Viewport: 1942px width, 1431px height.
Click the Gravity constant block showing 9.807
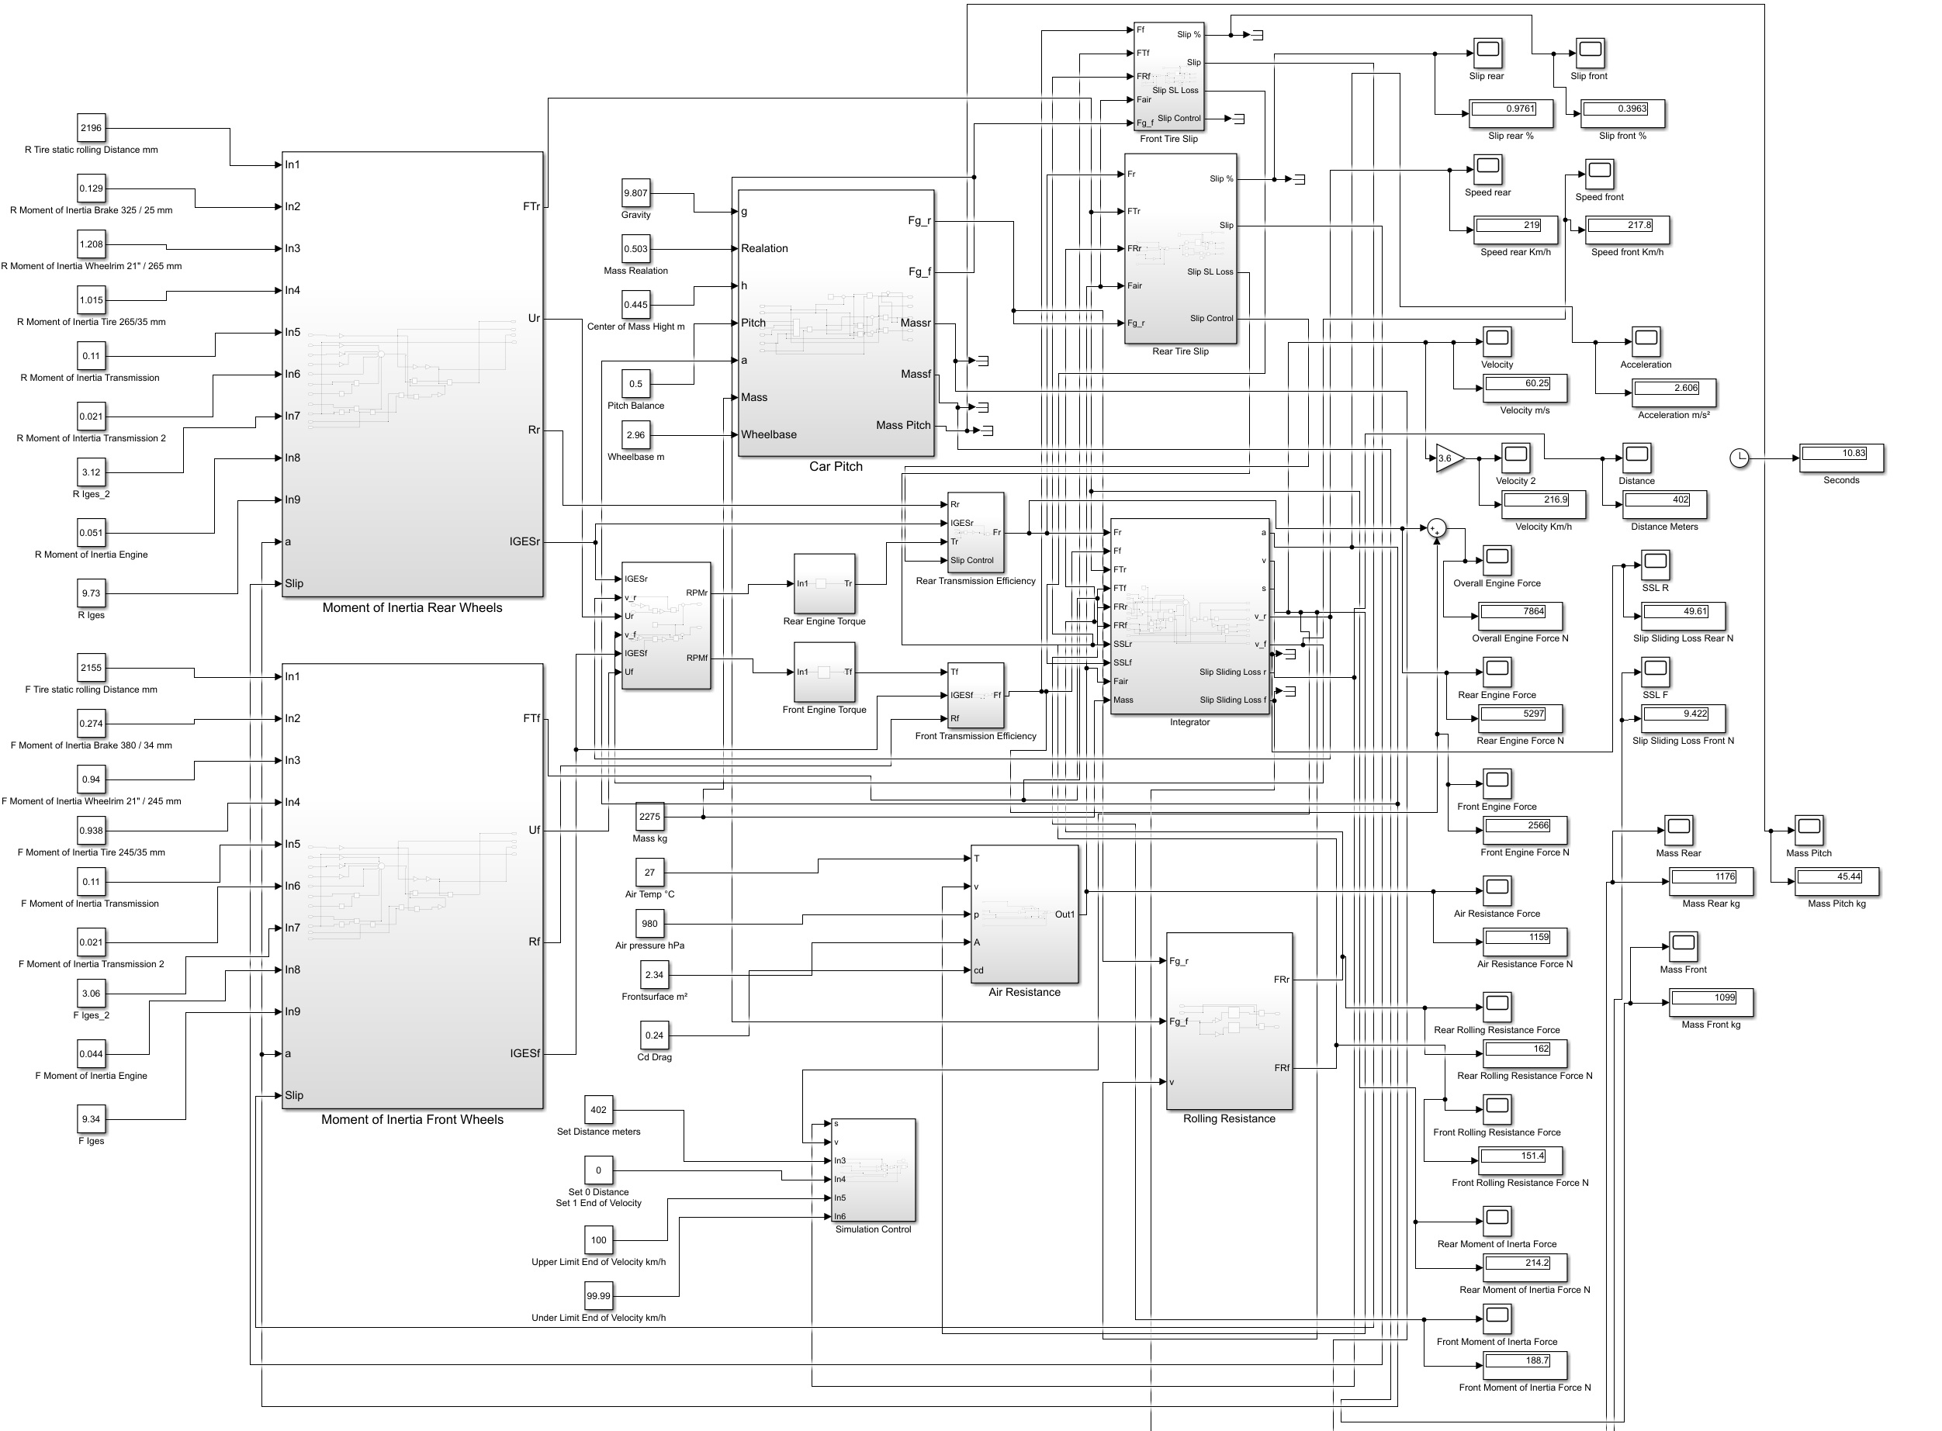(x=635, y=193)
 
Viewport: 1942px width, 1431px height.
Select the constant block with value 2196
(x=91, y=128)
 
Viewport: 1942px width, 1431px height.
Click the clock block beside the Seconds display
(x=1739, y=458)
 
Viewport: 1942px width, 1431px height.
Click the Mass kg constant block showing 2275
(x=649, y=817)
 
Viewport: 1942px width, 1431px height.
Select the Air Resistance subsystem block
(x=1024, y=914)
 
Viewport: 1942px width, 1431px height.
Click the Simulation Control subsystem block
(x=874, y=1170)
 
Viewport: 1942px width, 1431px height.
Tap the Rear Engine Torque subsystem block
(x=824, y=584)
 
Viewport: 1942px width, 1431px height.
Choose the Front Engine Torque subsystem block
(x=824, y=672)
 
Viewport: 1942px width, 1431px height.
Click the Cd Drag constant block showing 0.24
(x=654, y=1035)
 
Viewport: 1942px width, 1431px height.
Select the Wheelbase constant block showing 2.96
(x=635, y=435)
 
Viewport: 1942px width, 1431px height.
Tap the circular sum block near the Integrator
(x=1437, y=528)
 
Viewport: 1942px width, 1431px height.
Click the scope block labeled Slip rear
(x=1487, y=53)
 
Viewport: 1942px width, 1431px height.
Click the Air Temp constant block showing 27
(x=649, y=873)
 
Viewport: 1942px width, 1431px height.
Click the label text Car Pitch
(x=836, y=467)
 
